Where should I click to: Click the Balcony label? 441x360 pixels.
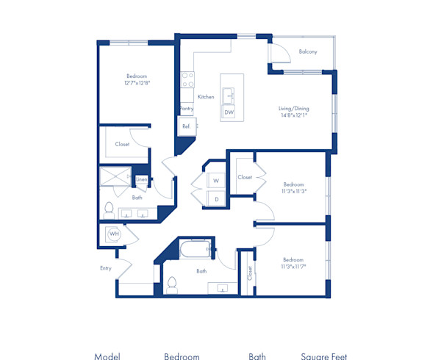(308, 51)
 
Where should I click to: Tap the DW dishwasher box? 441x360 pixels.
(229, 112)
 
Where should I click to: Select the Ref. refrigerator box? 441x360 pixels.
(187, 126)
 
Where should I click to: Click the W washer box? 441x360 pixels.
(217, 180)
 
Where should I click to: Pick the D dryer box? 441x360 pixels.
(217, 198)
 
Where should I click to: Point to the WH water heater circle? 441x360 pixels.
(114, 234)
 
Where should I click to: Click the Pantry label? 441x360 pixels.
(187, 109)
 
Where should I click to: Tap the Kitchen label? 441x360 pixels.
(206, 96)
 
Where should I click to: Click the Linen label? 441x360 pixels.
(141, 179)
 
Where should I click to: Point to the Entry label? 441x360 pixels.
(106, 268)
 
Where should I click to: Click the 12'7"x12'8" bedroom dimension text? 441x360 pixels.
(137, 83)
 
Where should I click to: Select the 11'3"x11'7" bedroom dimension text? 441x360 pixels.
(293, 267)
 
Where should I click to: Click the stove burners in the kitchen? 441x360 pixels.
(187, 79)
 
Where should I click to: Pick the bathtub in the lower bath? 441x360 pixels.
(194, 250)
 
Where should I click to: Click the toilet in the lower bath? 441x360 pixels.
(173, 284)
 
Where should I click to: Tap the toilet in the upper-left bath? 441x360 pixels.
(109, 209)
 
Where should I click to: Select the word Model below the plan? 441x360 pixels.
(107, 356)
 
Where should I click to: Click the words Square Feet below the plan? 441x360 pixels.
(324, 356)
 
